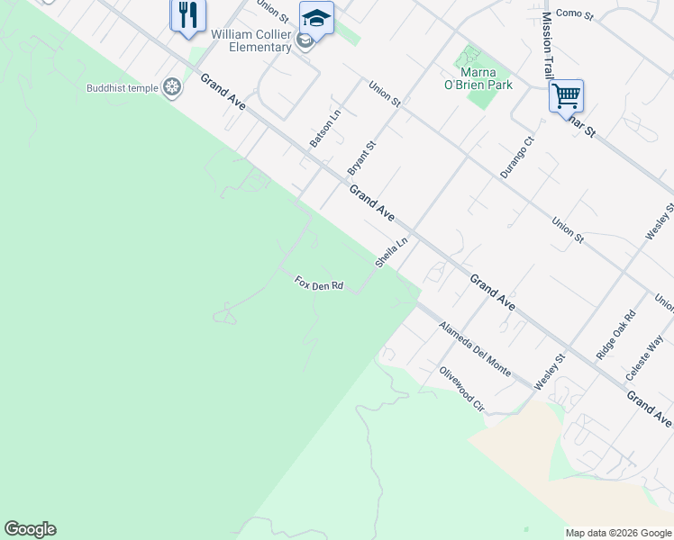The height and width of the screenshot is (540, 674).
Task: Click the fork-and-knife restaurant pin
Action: pyautogui.click(x=188, y=15)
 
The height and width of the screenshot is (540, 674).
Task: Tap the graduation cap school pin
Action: pyautogui.click(x=316, y=18)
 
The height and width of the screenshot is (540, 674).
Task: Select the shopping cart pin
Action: pyautogui.click(x=566, y=95)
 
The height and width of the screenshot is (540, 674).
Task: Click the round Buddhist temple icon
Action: pyautogui.click(x=171, y=87)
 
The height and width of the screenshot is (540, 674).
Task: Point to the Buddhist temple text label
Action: pyautogui.click(x=121, y=88)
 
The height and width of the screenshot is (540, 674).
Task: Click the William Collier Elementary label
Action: pyautogui.click(x=251, y=40)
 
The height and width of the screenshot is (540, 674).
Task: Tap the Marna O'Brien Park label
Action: pyautogui.click(x=487, y=79)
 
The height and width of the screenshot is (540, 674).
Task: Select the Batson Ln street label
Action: pyautogui.click(x=325, y=128)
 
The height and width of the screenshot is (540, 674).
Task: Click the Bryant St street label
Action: pyautogui.click(x=361, y=157)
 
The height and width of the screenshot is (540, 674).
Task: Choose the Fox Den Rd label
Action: pyautogui.click(x=319, y=284)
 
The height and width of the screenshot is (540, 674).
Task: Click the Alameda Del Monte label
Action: pyautogui.click(x=475, y=348)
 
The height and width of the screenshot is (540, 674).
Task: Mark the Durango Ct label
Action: pyautogui.click(x=517, y=157)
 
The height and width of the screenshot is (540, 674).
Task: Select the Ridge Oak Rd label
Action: pyautogui.click(x=616, y=335)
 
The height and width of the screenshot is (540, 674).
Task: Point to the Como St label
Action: pyautogui.click(x=575, y=13)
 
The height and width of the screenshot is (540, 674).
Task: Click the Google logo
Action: pyautogui.click(x=30, y=529)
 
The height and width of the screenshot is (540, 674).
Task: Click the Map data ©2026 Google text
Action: pyautogui.click(x=618, y=533)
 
